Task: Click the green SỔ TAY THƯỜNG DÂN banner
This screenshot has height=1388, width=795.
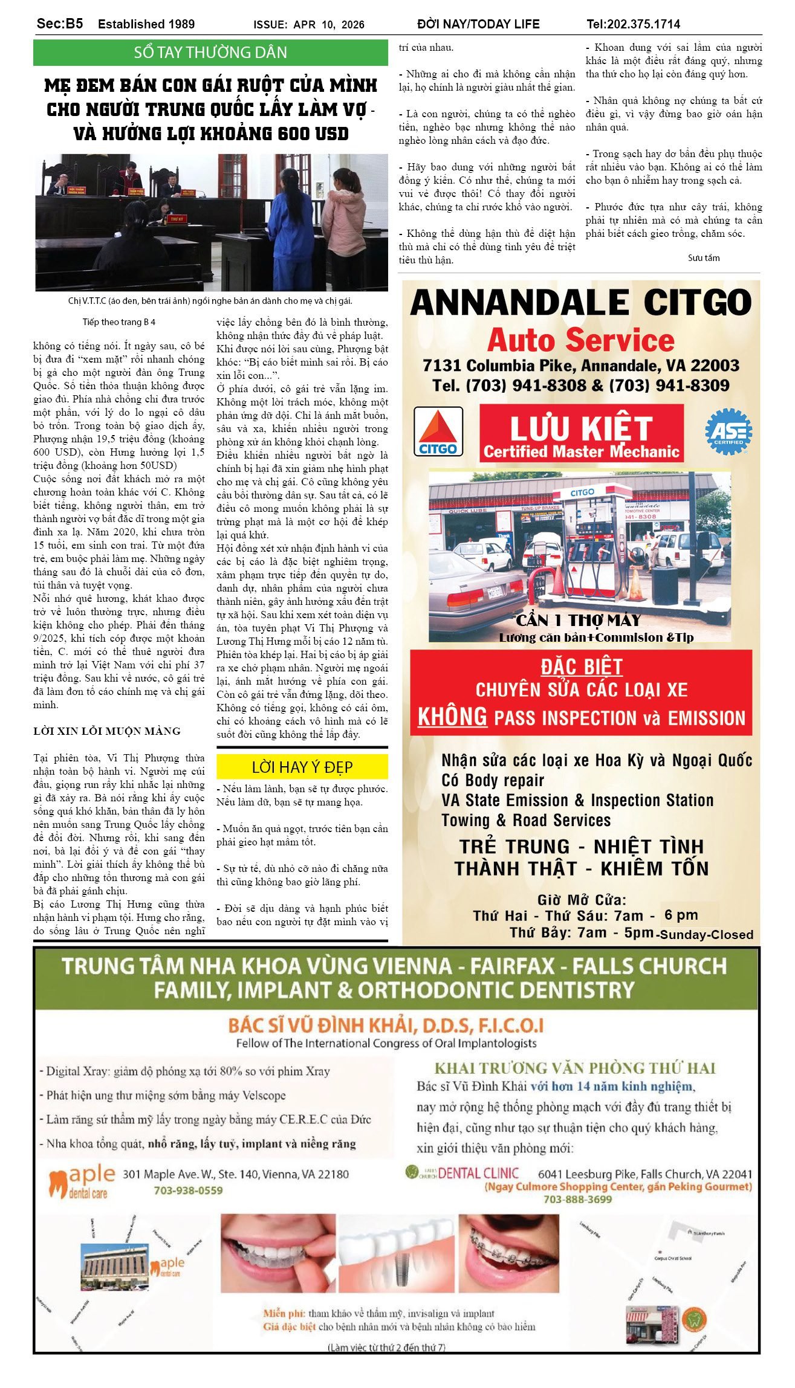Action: coord(210,53)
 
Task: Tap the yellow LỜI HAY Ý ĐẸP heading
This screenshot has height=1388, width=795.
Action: coord(302,767)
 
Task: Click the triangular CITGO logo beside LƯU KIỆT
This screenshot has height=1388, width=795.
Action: coord(438,431)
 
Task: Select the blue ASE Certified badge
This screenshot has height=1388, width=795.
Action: coord(728,431)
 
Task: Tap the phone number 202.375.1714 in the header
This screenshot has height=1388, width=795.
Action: coord(633,24)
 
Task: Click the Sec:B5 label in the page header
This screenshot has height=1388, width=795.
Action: coord(60,24)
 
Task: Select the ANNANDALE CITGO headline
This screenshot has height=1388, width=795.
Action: coord(580,302)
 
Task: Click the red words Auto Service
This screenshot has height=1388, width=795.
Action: coord(580,340)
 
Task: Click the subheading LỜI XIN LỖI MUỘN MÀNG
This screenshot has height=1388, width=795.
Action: coord(107,731)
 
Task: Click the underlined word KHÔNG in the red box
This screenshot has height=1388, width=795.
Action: coord(452,717)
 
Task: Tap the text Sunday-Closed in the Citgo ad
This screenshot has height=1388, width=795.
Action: coord(706,935)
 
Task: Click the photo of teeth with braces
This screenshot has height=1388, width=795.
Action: coord(508,1254)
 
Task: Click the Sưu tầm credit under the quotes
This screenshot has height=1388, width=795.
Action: coord(704,258)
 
